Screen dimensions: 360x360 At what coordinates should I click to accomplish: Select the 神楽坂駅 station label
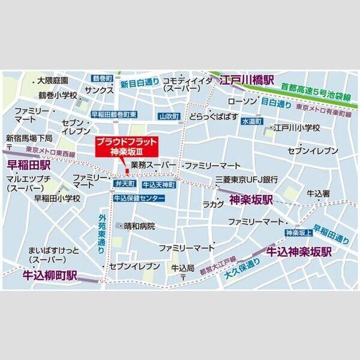[252, 200]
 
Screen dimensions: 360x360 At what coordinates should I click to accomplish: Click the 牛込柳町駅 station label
[50, 275]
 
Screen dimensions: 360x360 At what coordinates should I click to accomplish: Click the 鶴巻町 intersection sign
[103, 79]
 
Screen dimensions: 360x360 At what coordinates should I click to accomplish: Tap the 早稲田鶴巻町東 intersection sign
[114, 114]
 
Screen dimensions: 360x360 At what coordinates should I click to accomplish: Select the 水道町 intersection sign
[253, 121]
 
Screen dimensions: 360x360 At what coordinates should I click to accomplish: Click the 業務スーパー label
[153, 164]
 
